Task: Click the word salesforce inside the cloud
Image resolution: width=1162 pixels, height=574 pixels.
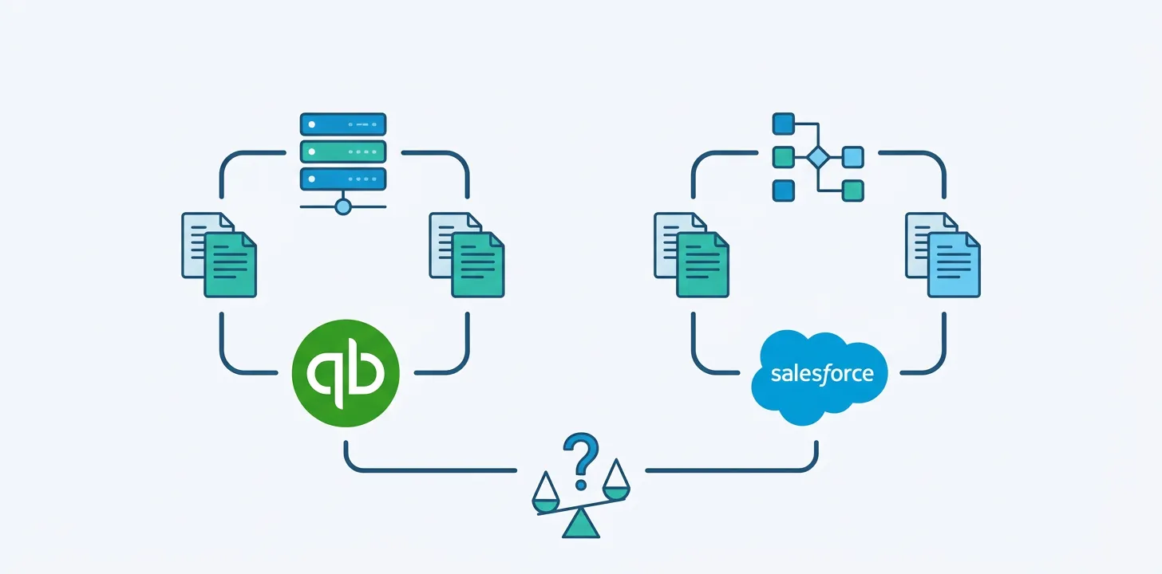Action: [822, 373]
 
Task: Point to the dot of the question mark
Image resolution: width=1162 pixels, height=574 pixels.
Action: [582, 483]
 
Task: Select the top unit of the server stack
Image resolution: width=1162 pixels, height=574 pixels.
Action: [343, 124]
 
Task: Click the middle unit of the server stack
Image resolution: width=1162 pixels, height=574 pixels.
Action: [343, 151]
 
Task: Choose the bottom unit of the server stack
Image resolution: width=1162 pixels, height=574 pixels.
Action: [343, 179]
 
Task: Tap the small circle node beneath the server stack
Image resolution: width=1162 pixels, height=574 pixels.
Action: [343, 207]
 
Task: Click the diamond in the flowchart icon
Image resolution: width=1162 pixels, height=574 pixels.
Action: [818, 157]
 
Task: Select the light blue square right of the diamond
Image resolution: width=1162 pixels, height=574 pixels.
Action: [852, 157]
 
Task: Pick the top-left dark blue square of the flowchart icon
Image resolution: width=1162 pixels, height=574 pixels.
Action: [783, 124]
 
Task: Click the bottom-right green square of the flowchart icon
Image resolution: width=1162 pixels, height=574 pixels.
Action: [852, 191]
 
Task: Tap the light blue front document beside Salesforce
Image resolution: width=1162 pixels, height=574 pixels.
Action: [955, 266]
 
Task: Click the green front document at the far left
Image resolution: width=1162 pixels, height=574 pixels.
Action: [231, 266]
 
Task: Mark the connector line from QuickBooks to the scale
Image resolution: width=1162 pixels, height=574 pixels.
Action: [431, 470]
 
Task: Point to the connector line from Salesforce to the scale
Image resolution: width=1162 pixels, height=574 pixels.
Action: [726, 470]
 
